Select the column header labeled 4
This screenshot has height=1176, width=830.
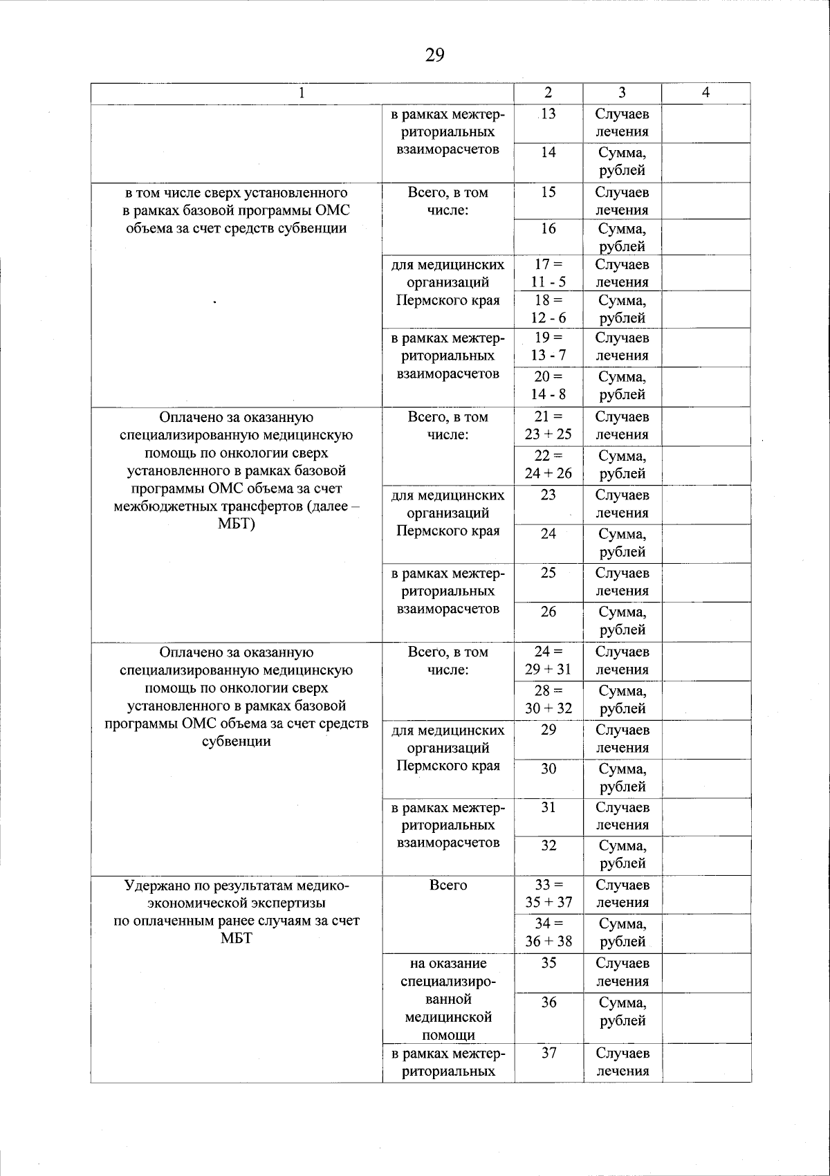pos(705,93)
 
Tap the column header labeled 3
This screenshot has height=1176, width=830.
pos(622,93)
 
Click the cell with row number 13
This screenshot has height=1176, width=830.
pos(548,114)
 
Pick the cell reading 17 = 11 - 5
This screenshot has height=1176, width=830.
pos(548,273)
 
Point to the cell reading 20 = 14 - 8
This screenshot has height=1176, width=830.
pos(548,386)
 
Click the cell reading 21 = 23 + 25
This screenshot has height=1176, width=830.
pos(548,426)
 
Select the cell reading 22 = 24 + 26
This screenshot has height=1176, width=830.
pos(548,465)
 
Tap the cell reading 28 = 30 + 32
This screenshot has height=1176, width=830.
pos(548,699)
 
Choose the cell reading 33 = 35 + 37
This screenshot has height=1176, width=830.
pos(548,894)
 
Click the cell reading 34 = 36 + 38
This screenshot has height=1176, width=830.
pos(548,932)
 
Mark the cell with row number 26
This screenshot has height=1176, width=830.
pos(548,612)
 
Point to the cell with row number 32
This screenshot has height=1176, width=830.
pos(548,845)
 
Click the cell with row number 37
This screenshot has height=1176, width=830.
pos(548,1053)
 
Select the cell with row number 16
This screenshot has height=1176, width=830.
pos(548,228)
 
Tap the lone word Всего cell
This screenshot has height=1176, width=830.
pos(448,885)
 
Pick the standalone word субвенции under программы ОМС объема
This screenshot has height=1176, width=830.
pos(237,742)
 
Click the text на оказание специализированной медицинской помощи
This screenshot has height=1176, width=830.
pos(448,999)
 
